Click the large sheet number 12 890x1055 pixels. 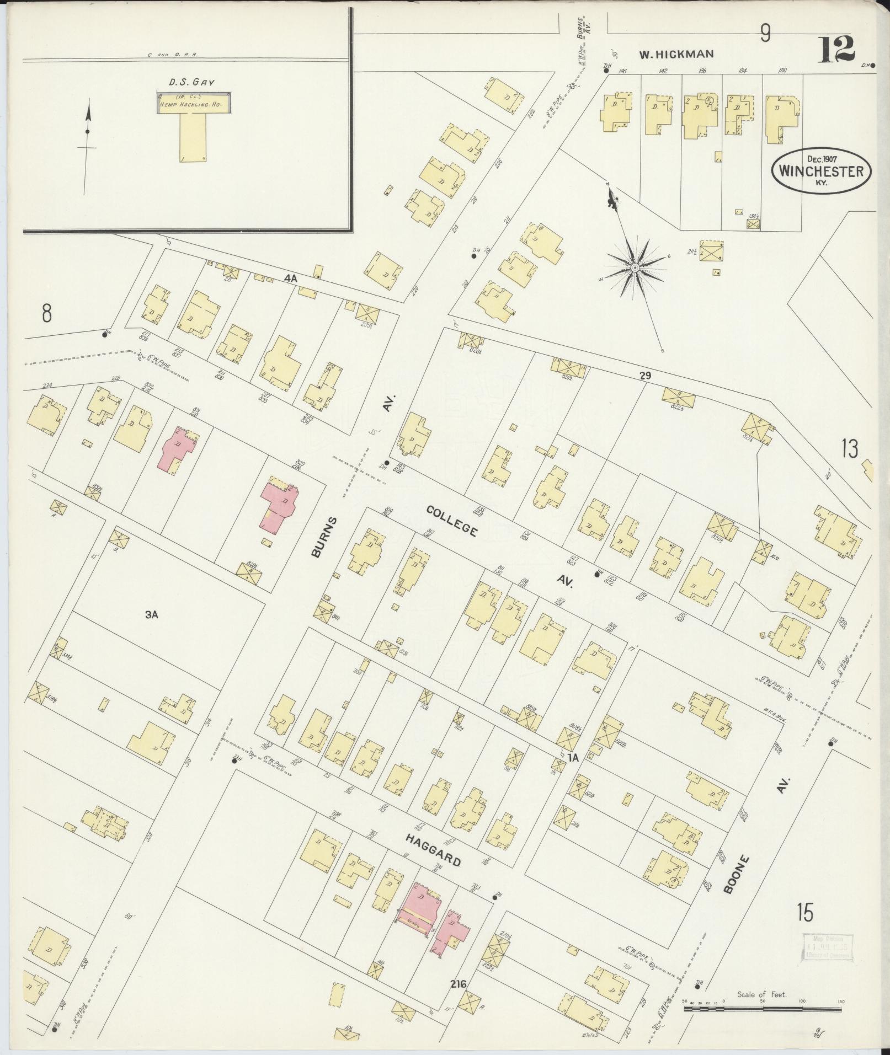click(x=837, y=49)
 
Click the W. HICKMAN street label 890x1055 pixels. click(x=676, y=54)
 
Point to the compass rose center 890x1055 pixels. click(x=635, y=267)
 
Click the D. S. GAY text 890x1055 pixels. click(x=191, y=82)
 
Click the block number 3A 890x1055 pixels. click(x=152, y=615)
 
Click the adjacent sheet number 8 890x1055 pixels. click(x=46, y=314)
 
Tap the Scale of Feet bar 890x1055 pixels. click(x=763, y=1009)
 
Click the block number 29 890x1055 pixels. click(x=645, y=376)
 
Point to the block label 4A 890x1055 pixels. click(x=291, y=279)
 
